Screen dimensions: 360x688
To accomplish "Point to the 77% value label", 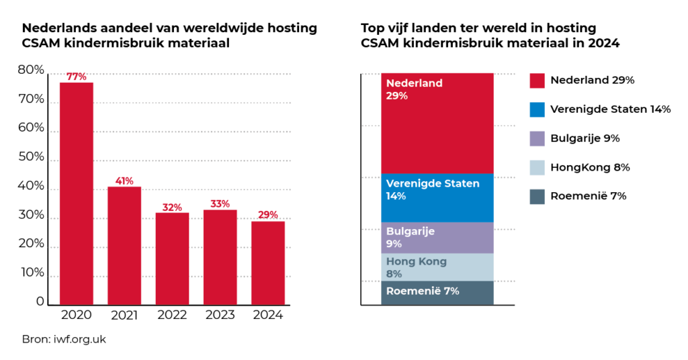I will point(77,77).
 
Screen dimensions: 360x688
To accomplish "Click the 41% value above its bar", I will point(124,181).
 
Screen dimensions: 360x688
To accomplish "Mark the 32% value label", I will point(172,208).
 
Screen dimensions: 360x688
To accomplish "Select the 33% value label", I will point(220,204).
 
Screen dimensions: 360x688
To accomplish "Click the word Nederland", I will point(414,83).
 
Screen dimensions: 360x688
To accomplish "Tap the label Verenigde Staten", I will point(433,183).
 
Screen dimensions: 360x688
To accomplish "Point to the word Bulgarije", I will point(410,231).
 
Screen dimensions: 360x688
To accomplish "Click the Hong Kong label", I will point(416,261).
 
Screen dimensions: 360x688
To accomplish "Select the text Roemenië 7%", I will point(423,291).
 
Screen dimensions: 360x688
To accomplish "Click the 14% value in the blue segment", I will point(396,196).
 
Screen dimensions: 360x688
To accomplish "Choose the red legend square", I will point(537,81).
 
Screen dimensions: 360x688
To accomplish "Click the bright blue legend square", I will point(537,110).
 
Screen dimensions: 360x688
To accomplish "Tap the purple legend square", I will point(537,139).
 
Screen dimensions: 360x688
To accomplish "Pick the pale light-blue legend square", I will point(537,168).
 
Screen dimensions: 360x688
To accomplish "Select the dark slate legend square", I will point(537,197).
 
